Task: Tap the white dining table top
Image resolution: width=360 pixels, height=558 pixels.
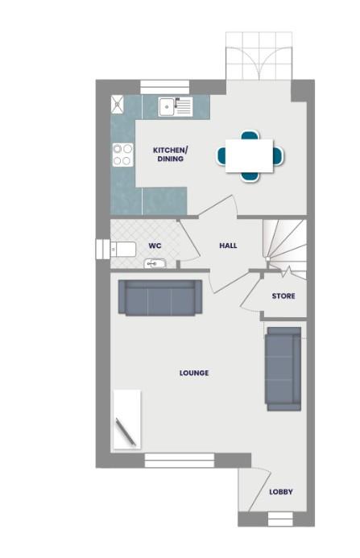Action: (249, 155)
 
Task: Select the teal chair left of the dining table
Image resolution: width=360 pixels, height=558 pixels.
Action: (221, 155)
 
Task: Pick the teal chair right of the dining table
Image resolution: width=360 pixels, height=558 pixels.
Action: (278, 155)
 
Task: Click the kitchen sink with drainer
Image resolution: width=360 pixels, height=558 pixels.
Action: (175, 105)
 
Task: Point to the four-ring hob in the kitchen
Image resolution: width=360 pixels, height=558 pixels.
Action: (122, 153)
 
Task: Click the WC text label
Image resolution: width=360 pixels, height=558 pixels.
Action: (155, 246)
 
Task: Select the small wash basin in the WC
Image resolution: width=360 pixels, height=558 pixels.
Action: (155, 263)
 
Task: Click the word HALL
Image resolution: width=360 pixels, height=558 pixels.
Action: (228, 246)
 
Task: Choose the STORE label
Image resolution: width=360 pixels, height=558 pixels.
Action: (283, 296)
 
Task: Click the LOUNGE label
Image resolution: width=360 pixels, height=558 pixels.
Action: (194, 373)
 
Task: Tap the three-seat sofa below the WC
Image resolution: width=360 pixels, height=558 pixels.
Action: (159, 297)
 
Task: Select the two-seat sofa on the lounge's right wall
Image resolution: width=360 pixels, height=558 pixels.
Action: (283, 367)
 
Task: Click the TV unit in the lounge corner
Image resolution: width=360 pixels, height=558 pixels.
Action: (127, 419)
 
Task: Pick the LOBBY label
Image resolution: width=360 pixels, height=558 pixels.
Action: (281, 492)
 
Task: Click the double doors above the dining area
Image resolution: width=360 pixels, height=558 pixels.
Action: (259, 56)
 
